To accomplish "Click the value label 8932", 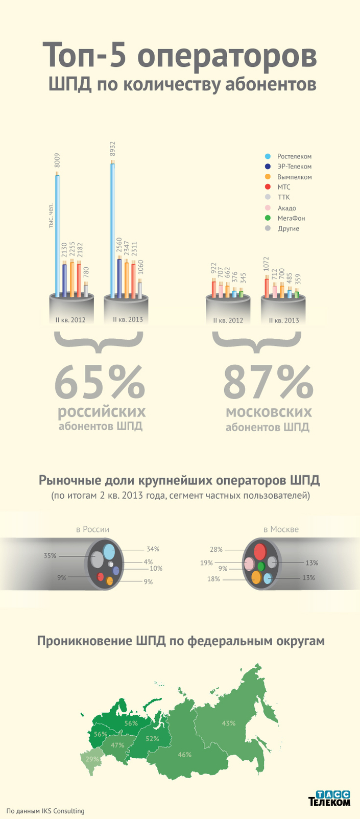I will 113,150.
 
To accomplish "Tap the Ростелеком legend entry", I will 294,156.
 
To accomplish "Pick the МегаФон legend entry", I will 291,218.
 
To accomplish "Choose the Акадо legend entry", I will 286,208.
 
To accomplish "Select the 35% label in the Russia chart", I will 50,555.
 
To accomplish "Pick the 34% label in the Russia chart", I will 153,549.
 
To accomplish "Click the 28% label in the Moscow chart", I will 216,549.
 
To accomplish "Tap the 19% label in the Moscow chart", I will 207,563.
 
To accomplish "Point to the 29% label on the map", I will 92,759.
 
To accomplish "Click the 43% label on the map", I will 228,723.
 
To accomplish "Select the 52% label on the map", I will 152,738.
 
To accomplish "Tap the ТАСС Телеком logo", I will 330,798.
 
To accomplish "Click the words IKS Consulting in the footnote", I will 64,810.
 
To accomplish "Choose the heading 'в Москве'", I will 281,529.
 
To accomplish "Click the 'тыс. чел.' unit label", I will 51,217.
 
